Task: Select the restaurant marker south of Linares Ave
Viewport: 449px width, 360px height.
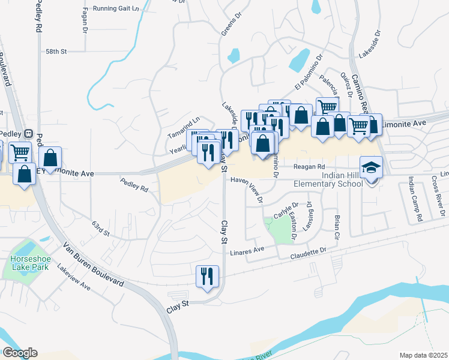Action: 208,277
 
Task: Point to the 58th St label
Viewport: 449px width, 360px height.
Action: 55,52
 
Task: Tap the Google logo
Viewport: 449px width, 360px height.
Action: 19,353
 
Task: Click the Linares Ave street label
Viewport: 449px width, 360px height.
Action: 247,250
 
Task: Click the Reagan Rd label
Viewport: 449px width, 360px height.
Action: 309,167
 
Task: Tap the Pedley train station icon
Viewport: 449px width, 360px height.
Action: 28,133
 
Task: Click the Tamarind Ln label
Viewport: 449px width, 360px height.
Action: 184,121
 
